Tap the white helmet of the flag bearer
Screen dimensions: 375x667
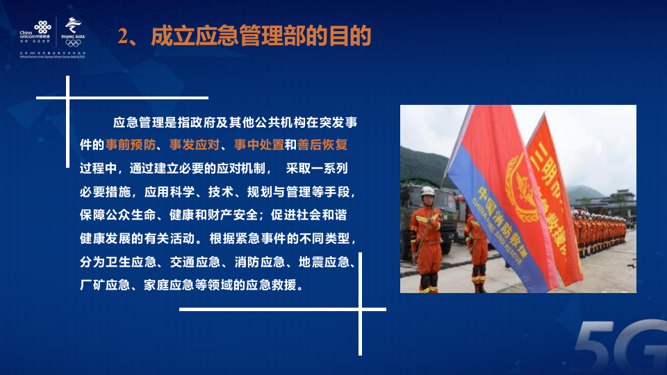pyautogui.click(x=427, y=191)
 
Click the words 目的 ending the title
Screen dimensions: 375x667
pyautogui.click(x=354, y=36)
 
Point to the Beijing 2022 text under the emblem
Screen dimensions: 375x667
pyautogui.click(x=72, y=37)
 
